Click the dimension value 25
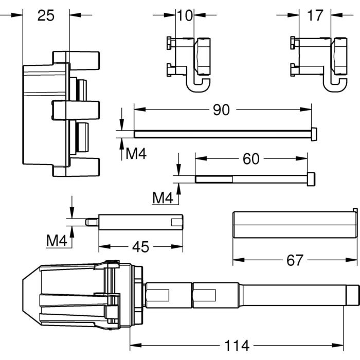[46, 15]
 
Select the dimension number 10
[185, 15]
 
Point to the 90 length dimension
[221, 110]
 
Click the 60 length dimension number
[250, 159]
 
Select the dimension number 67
[295, 261]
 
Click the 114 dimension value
[237, 344]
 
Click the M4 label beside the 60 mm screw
[164, 196]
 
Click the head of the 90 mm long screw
[314, 134]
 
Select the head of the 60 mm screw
[311, 178]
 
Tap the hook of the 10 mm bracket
[199, 86]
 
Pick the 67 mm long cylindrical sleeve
[293, 224]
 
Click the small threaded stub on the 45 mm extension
[91, 222]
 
